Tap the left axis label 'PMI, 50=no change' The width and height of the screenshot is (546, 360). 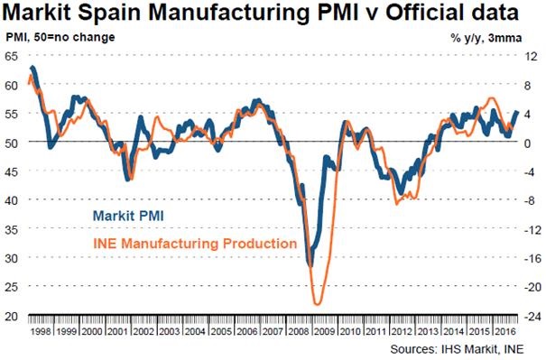coord(60,37)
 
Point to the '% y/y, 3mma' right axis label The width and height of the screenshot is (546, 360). coord(486,38)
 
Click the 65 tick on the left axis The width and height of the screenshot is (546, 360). coord(12,56)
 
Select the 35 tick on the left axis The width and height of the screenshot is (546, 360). coord(12,229)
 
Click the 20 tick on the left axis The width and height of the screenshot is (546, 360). coord(12,316)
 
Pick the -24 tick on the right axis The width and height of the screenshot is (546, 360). coord(532,316)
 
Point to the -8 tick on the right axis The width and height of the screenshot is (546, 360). coord(531,200)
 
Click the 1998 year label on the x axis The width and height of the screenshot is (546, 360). coord(41,331)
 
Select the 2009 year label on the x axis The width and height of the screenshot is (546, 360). coord(324,331)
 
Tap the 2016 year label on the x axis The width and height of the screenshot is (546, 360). coord(504,331)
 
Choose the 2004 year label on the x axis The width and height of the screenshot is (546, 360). coord(195,331)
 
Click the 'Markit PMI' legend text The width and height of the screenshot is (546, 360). coord(128,216)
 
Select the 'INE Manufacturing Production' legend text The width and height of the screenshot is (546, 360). coord(195,243)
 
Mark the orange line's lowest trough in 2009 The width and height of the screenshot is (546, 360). coord(317,304)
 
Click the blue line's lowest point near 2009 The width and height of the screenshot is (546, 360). coord(310,265)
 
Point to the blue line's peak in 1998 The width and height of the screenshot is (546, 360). coord(32,67)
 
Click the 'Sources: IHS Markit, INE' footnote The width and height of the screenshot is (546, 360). coord(457,349)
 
